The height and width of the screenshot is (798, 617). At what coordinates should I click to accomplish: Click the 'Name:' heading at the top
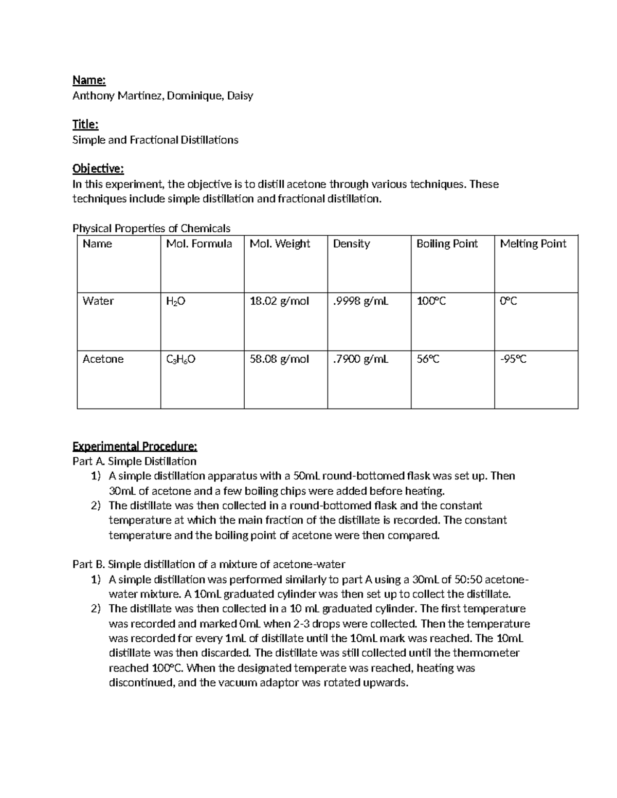tap(89, 80)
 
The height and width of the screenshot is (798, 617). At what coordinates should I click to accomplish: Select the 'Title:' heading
tap(85, 124)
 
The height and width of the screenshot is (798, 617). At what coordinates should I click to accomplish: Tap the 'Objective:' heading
tap(98, 169)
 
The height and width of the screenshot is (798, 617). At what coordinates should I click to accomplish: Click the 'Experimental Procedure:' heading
tap(135, 446)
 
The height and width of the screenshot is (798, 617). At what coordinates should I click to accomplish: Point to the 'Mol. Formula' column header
tap(199, 244)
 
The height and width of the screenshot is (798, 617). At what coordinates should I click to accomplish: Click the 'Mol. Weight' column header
tap(280, 244)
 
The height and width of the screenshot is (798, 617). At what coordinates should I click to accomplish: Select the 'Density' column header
tap(351, 244)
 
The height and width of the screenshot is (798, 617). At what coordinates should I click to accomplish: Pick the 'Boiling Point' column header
tap(447, 244)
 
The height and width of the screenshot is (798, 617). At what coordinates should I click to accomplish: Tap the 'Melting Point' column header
tap(533, 244)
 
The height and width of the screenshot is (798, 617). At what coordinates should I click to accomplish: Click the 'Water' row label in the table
tap(98, 301)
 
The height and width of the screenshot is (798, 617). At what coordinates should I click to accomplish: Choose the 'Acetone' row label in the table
tap(103, 359)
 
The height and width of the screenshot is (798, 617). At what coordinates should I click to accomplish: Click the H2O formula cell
tap(175, 302)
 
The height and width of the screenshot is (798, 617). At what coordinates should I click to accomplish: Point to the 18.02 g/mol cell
tap(279, 301)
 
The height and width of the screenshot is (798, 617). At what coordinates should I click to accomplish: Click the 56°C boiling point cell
tap(428, 359)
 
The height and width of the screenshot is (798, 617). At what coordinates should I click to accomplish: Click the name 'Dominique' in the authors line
tap(193, 96)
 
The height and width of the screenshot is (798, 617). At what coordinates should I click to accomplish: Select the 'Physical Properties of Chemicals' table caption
tap(151, 228)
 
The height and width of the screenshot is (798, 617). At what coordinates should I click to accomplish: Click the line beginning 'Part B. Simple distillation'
tap(209, 564)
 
